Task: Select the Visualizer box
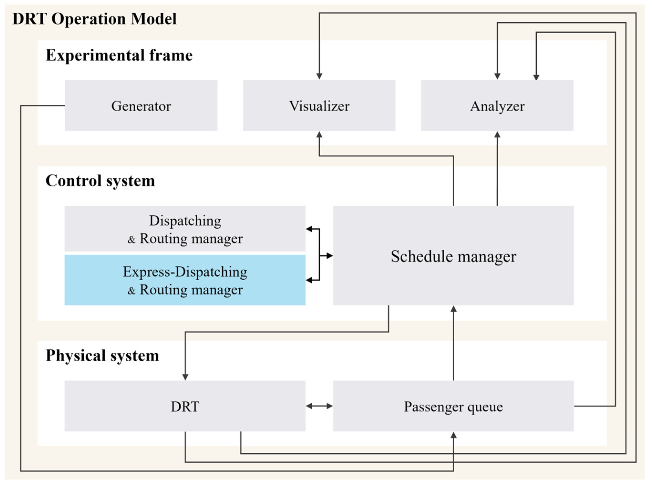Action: pos(319,105)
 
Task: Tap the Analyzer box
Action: pos(497,105)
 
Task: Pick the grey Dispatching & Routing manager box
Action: pos(185,229)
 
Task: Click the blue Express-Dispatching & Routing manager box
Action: pos(185,280)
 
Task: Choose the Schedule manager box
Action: pos(453,255)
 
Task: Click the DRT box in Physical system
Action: pos(185,406)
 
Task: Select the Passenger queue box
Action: pos(453,406)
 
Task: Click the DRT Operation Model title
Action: pos(94,19)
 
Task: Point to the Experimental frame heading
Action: pos(119,55)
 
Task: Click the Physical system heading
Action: pos(102,355)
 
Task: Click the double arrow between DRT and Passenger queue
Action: pos(319,406)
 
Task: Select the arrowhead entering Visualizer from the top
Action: pos(319,76)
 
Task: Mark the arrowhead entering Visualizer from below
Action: pos(319,135)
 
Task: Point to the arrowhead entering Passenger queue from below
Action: pos(453,435)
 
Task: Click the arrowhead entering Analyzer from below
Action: pos(497,135)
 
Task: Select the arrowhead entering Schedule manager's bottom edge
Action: pos(453,309)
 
